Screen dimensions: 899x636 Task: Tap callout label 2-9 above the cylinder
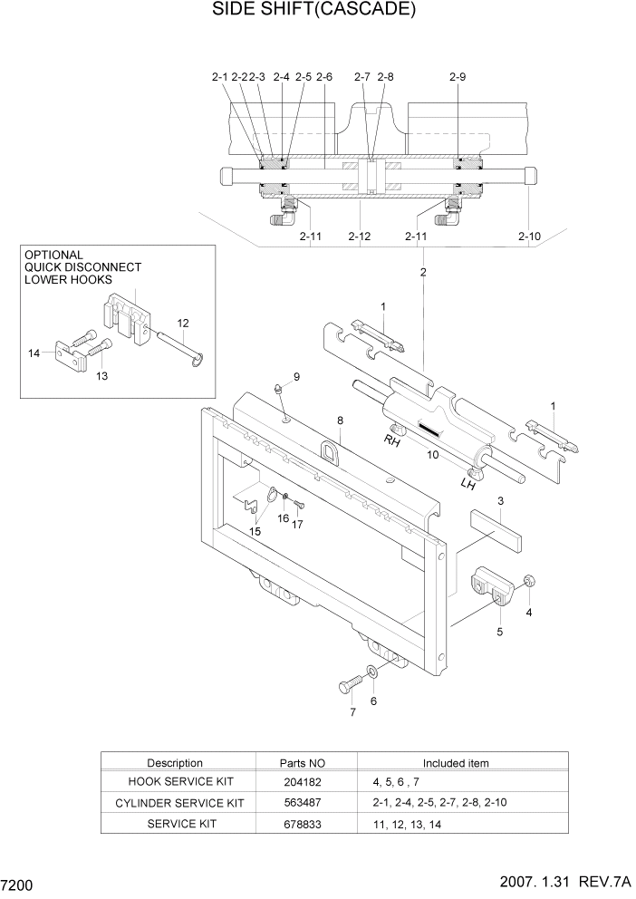(x=457, y=78)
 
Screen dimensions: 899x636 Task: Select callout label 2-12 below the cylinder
(x=360, y=237)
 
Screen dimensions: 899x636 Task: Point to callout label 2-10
(x=529, y=237)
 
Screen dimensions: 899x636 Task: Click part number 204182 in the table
(x=302, y=782)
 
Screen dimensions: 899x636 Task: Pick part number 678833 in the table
(x=302, y=824)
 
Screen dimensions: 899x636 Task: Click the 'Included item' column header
(x=456, y=763)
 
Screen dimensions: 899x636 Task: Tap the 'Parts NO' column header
(x=302, y=763)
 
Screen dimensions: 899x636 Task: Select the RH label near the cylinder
(x=392, y=441)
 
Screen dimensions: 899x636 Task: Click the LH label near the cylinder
(x=467, y=485)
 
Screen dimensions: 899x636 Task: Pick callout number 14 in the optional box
(x=34, y=353)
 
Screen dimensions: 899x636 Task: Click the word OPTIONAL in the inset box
(x=53, y=256)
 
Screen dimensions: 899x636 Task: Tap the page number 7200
(x=18, y=884)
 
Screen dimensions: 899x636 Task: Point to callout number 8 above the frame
(x=340, y=420)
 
